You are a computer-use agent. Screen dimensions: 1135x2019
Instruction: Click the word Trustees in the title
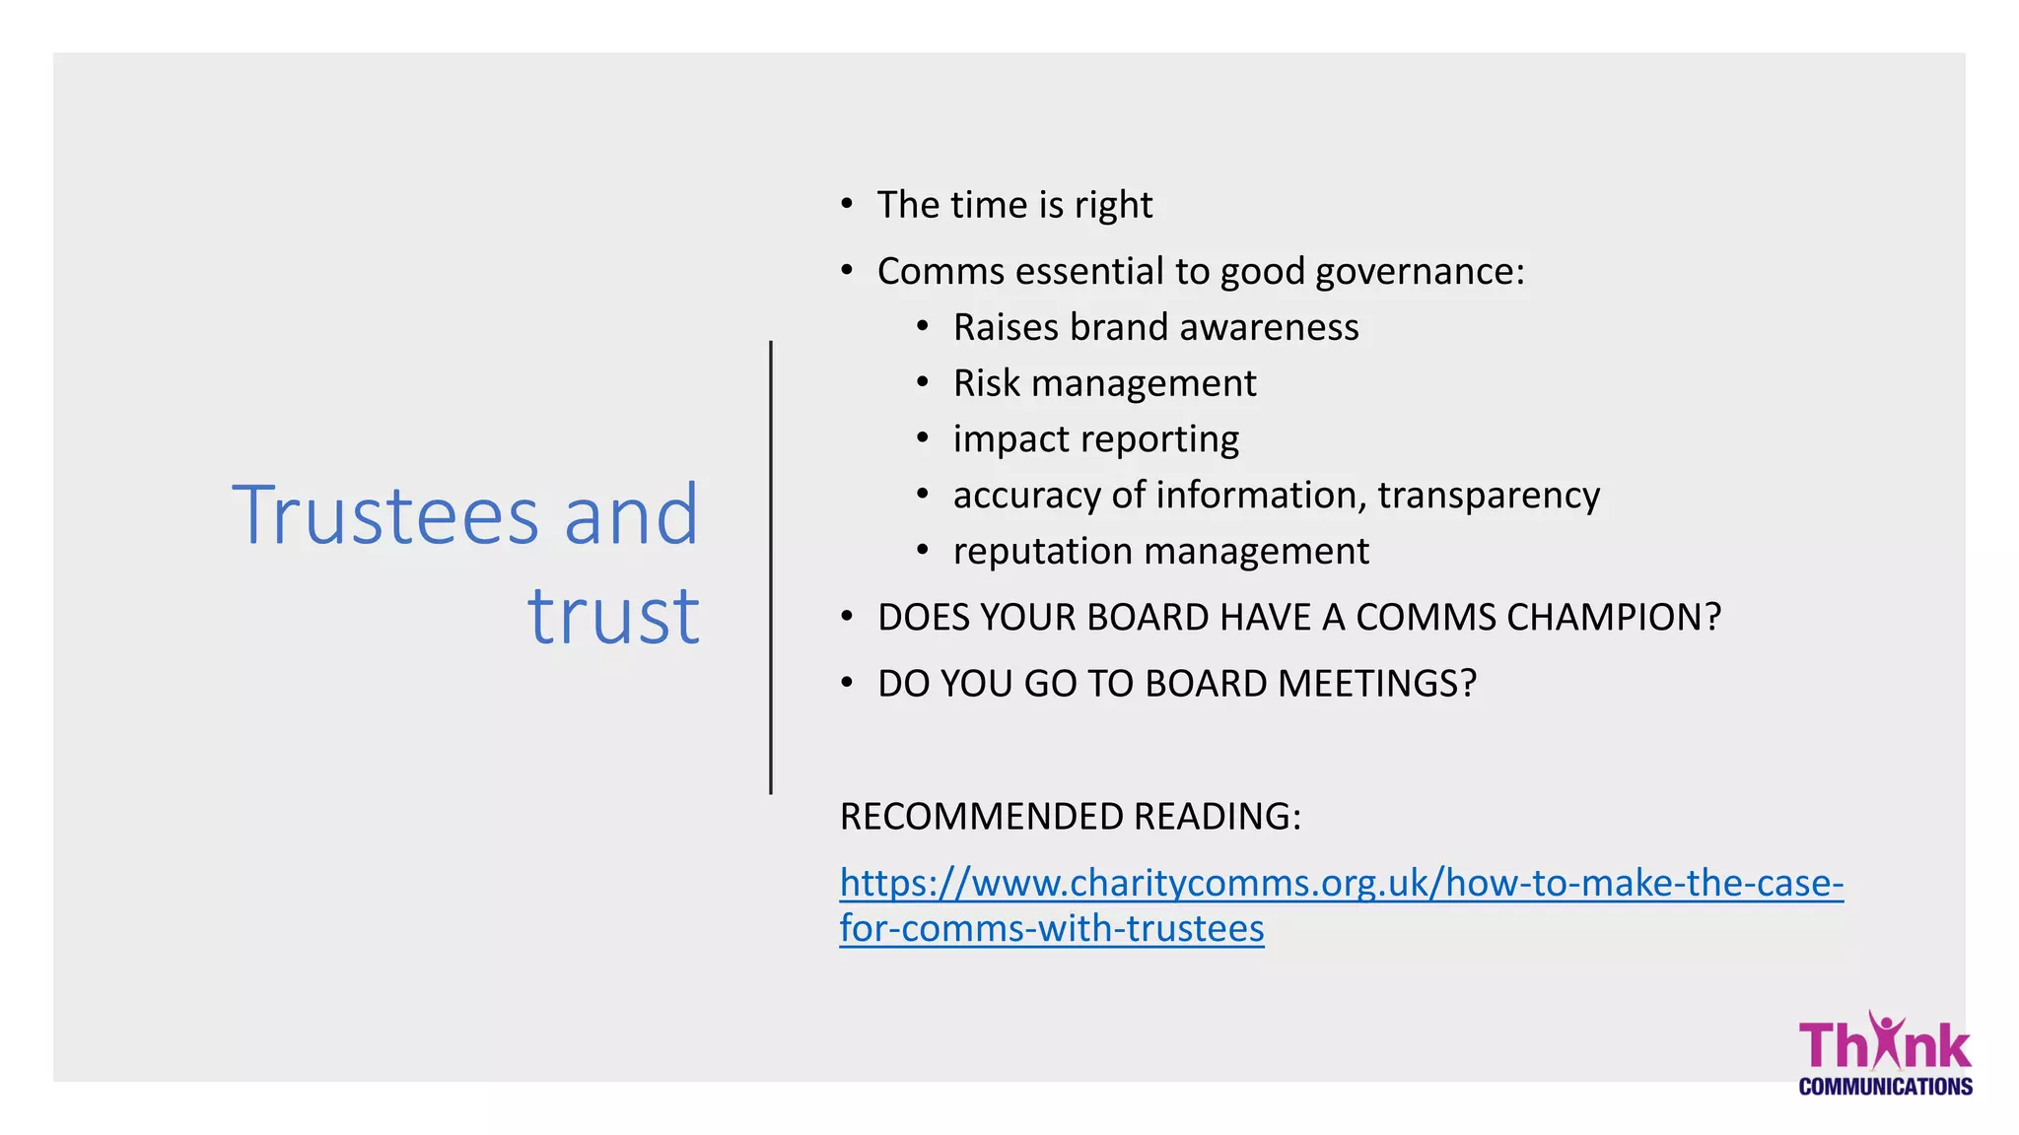[x=385, y=515]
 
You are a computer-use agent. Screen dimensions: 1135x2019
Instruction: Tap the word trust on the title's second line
[x=613, y=617]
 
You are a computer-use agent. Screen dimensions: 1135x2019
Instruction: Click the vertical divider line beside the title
[x=771, y=567]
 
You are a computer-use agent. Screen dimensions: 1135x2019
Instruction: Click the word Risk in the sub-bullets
[x=986, y=383]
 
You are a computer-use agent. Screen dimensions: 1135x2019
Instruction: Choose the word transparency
[x=1489, y=496]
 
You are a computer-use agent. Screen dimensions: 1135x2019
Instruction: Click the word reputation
[x=1041, y=552]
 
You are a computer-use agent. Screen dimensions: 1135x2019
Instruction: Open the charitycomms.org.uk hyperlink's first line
[x=1341, y=883]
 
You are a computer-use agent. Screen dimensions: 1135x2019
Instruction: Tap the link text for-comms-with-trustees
[x=1052, y=929]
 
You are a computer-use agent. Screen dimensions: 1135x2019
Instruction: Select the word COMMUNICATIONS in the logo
[x=1885, y=1087]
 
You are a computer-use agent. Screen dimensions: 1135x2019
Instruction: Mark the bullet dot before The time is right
[x=847, y=204]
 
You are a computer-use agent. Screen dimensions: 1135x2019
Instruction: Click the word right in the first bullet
[x=1113, y=206]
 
